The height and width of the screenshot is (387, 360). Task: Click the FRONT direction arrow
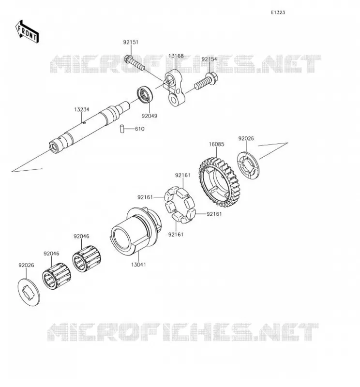(27, 32)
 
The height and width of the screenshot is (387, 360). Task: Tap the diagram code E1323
(278, 13)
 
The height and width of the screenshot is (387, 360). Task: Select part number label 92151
(131, 42)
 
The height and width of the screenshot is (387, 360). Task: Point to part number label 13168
(176, 56)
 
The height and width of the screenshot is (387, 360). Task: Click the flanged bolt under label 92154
(206, 81)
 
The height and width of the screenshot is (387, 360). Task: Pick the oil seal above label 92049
(145, 94)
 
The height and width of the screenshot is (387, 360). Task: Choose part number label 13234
(82, 109)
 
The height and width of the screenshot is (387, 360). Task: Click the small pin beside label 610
(122, 129)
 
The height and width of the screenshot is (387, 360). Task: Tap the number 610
(139, 129)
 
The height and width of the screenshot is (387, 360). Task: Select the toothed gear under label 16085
(218, 182)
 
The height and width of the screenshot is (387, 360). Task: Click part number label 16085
(217, 144)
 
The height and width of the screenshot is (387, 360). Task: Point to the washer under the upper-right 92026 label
(248, 165)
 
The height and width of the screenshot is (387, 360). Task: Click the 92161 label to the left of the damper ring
(145, 197)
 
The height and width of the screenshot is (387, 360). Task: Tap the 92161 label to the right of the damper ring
(214, 214)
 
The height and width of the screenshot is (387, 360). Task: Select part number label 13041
(138, 265)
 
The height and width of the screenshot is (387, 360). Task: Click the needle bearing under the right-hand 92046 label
(87, 259)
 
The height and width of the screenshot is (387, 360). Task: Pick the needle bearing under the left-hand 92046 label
(57, 276)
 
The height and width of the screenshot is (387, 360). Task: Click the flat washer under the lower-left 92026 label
(29, 292)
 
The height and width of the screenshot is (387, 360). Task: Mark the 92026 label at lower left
(26, 265)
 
